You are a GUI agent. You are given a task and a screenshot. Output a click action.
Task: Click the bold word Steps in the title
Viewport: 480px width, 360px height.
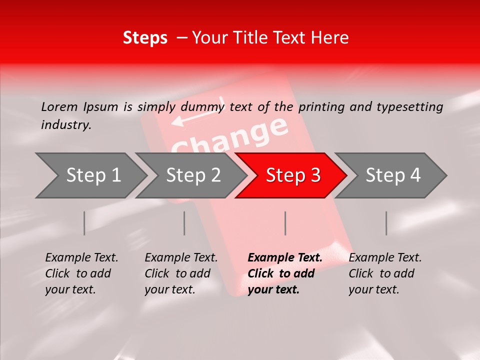coord(145,38)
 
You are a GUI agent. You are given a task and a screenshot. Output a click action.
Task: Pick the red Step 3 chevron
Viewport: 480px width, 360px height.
coord(293,175)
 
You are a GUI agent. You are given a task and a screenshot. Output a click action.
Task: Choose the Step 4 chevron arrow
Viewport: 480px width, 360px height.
coord(393,175)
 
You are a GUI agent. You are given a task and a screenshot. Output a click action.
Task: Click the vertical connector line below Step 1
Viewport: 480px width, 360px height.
coord(84,223)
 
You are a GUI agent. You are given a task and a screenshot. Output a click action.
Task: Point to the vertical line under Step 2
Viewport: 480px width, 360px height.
coord(184,223)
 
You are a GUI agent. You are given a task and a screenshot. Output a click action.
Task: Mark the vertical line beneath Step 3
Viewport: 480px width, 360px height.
coord(285,223)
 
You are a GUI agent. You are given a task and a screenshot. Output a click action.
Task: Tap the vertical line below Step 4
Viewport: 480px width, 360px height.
coord(386,223)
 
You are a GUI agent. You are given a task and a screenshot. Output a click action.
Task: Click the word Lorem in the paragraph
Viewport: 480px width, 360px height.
coord(59,106)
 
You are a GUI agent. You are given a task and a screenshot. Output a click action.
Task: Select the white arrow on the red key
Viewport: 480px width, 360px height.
coord(195,116)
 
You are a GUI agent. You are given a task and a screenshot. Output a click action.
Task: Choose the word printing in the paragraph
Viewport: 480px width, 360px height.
coord(322,106)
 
